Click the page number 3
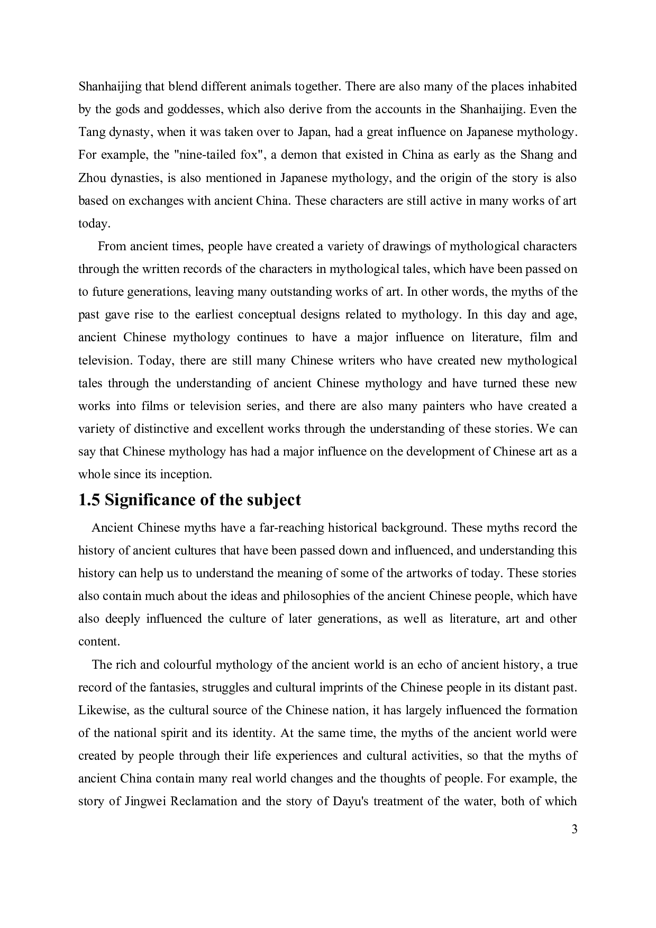point(574,829)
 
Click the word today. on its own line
point(94,224)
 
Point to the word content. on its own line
point(99,642)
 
